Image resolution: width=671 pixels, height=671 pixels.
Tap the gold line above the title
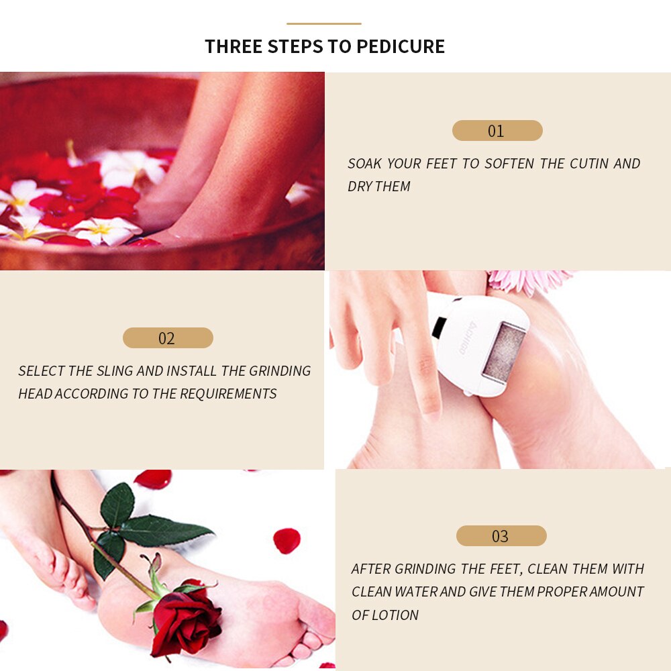pyautogui.click(x=324, y=23)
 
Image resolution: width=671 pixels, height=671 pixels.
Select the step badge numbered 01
pyautogui.click(x=497, y=131)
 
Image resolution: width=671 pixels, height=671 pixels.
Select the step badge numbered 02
pyautogui.click(x=167, y=338)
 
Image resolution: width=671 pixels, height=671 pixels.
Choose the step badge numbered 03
pyautogui.click(x=501, y=536)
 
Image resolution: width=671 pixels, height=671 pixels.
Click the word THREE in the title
pyautogui.click(x=234, y=46)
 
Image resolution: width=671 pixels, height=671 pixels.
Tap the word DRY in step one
pyautogui.click(x=360, y=187)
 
